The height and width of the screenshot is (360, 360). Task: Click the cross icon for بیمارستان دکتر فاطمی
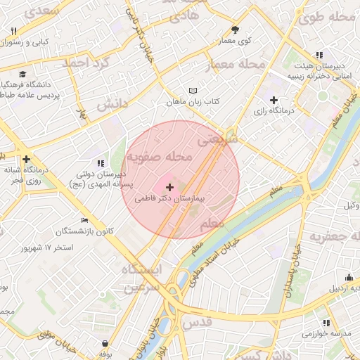[x=169, y=187]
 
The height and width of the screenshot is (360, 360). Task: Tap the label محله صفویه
[x=159, y=159]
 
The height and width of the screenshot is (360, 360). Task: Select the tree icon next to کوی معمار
[x=235, y=30]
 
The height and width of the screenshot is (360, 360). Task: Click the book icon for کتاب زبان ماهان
[x=193, y=91]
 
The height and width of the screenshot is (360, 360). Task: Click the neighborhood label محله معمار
[x=235, y=65]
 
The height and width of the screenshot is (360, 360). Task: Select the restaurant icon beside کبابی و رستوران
[x=14, y=30]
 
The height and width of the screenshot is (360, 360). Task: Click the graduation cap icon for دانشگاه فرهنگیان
[x=22, y=74]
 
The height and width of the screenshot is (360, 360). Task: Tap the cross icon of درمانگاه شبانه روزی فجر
[x=26, y=159]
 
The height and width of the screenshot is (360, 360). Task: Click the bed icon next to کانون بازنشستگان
[x=85, y=220]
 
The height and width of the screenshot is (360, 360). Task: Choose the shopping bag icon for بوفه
[x=105, y=344]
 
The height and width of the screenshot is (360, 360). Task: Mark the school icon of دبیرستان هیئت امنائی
[x=319, y=55]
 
